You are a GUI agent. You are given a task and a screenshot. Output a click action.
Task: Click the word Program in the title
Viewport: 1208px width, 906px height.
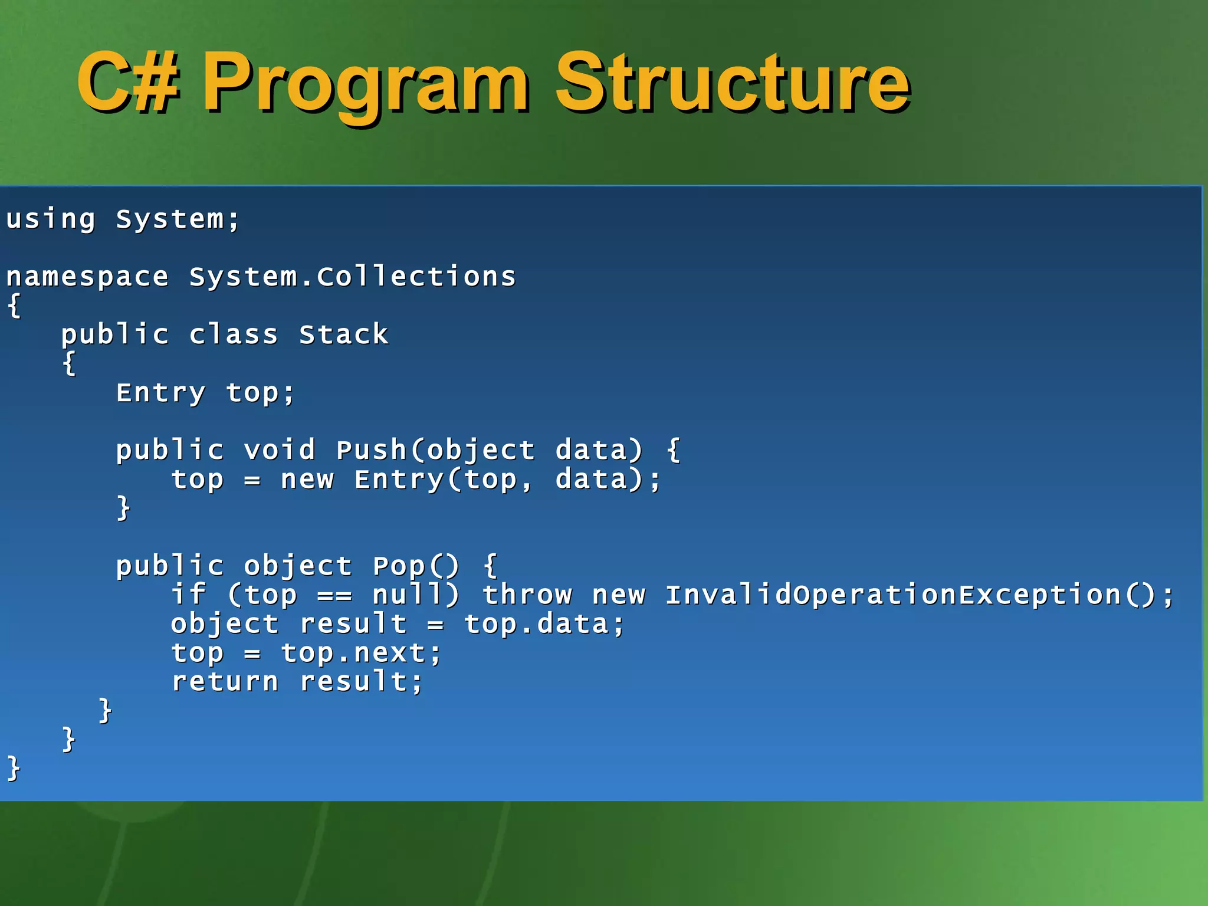[x=366, y=83]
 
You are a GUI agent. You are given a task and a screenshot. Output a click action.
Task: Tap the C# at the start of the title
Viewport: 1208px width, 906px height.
[x=127, y=83]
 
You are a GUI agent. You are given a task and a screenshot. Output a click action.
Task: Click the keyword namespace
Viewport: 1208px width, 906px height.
[x=87, y=277]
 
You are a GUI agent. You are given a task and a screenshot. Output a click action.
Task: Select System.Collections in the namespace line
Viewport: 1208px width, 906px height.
[x=352, y=277]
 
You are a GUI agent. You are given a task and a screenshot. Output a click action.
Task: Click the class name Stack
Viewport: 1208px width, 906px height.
[x=343, y=334]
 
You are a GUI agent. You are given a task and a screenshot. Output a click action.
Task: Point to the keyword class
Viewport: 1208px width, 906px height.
[x=233, y=334]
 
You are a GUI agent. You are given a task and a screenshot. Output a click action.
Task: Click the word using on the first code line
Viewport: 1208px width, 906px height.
[x=51, y=219]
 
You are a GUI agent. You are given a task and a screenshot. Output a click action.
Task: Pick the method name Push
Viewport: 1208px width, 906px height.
[x=371, y=450]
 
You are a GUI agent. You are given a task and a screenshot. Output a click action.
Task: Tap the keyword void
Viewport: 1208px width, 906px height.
[x=280, y=450]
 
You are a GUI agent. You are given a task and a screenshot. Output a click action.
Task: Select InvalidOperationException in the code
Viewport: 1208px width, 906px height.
[x=892, y=595]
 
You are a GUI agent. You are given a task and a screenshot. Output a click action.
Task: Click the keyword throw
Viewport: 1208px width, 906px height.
[x=527, y=595]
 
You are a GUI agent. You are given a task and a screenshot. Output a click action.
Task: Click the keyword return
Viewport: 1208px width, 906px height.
[x=225, y=681]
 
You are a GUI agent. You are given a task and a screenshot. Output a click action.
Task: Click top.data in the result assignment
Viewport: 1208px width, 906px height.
[x=536, y=624]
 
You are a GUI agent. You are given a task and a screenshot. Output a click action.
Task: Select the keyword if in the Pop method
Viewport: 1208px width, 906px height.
[x=188, y=595]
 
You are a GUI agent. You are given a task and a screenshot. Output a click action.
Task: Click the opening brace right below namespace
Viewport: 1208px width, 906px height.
[x=15, y=306]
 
